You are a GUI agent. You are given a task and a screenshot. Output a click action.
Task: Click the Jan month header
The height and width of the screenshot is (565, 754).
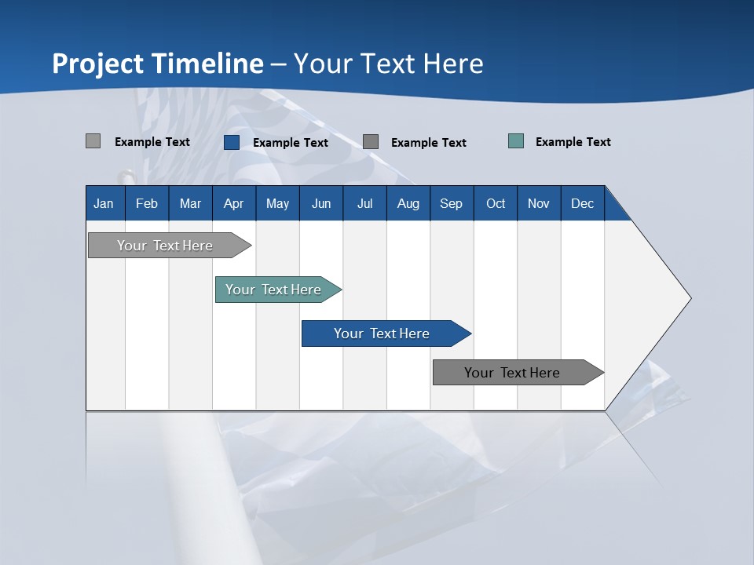(104, 203)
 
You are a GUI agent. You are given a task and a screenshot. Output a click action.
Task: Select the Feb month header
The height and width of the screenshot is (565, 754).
(147, 203)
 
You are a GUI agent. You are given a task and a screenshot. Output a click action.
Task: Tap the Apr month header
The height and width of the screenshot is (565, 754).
(233, 203)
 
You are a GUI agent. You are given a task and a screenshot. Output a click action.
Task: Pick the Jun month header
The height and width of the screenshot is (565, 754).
(321, 203)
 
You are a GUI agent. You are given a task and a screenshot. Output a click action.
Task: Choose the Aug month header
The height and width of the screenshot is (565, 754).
(408, 203)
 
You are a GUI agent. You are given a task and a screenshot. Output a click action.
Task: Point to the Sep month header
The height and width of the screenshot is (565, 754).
(451, 203)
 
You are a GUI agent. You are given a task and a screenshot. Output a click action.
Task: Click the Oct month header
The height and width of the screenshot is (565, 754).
(496, 203)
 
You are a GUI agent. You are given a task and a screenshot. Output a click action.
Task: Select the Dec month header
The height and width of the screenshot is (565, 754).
(582, 203)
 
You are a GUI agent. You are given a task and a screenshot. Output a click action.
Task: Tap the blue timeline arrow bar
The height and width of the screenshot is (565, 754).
(382, 334)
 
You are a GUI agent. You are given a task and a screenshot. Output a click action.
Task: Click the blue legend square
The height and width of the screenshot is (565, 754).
(232, 142)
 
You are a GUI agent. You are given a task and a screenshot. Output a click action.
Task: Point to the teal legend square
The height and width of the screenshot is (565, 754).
(516, 141)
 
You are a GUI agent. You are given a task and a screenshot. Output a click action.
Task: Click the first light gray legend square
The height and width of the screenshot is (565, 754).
(93, 141)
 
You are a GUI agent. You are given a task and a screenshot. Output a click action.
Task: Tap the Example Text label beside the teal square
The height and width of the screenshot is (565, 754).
(573, 142)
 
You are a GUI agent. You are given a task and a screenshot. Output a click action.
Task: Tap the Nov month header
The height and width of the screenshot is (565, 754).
(539, 203)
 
